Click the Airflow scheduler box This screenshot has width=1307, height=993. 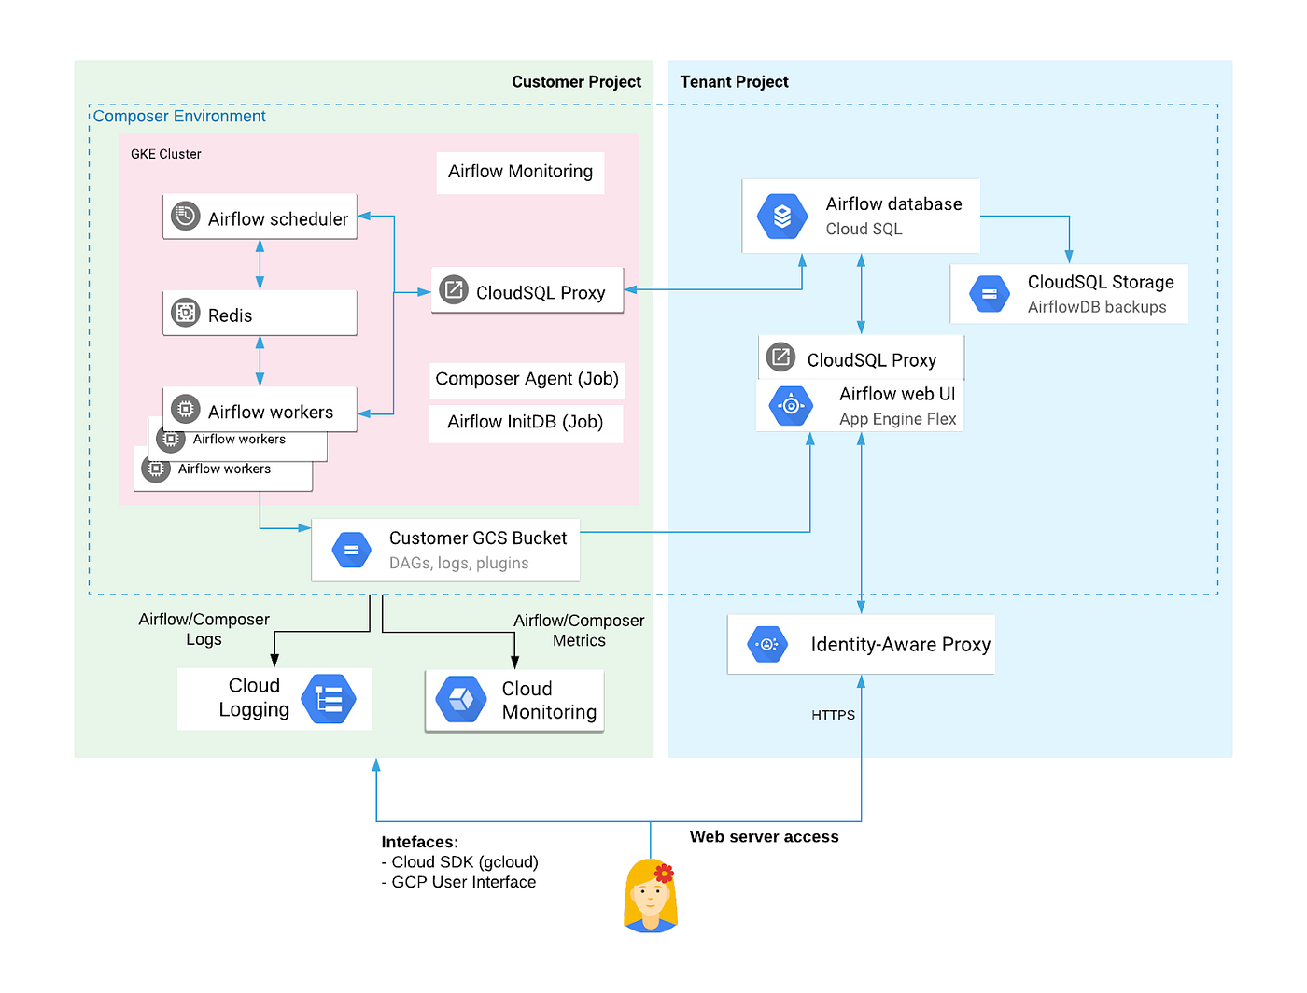coord(260,217)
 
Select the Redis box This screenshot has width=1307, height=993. coord(260,314)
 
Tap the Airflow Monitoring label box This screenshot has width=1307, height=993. coord(520,172)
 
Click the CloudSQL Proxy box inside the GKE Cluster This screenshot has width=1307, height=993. coord(527,291)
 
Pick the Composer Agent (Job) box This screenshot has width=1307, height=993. coord(527,379)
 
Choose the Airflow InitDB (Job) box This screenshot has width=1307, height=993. coord(526,422)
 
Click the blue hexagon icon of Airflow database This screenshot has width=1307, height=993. coord(782,217)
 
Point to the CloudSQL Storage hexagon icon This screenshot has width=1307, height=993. coord(989,294)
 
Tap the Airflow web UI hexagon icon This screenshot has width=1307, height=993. coord(791,406)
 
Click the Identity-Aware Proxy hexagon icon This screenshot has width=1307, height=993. coord(767,644)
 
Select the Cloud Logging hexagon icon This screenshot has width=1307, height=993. coord(329,699)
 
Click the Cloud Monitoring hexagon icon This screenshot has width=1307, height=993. coord(462,699)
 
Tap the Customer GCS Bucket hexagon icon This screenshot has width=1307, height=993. coord(351,551)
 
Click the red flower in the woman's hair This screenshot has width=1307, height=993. coord(664,874)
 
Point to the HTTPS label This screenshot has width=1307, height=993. coord(833,715)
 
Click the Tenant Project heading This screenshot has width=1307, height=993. coord(734,82)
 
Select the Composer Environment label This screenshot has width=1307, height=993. coord(179,117)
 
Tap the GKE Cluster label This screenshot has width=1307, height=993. coord(165,154)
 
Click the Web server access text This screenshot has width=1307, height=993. coord(764,837)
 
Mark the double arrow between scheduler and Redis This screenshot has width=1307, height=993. coord(260,264)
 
